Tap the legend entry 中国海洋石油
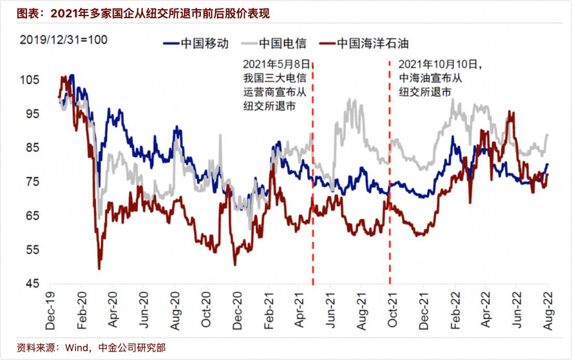coord(366,43)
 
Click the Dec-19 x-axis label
coord(50,311)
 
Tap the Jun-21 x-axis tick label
coord(331,311)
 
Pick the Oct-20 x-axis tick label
coord(206,311)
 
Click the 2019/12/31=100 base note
coord(63,39)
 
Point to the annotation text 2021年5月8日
coord(276,64)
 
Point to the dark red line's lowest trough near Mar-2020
coord(99,268)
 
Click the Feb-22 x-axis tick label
coord(455,311)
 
